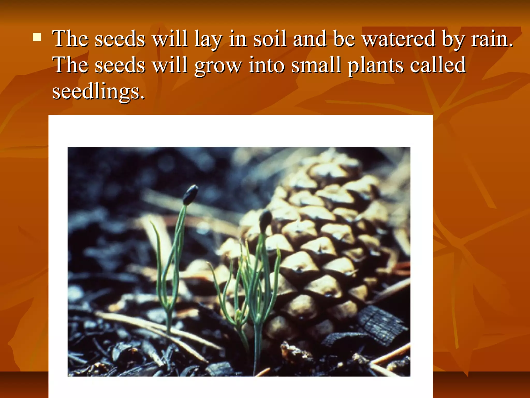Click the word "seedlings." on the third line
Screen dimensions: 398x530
(x=98, y=92)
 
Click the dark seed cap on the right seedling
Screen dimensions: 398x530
(x=266, y=220)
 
